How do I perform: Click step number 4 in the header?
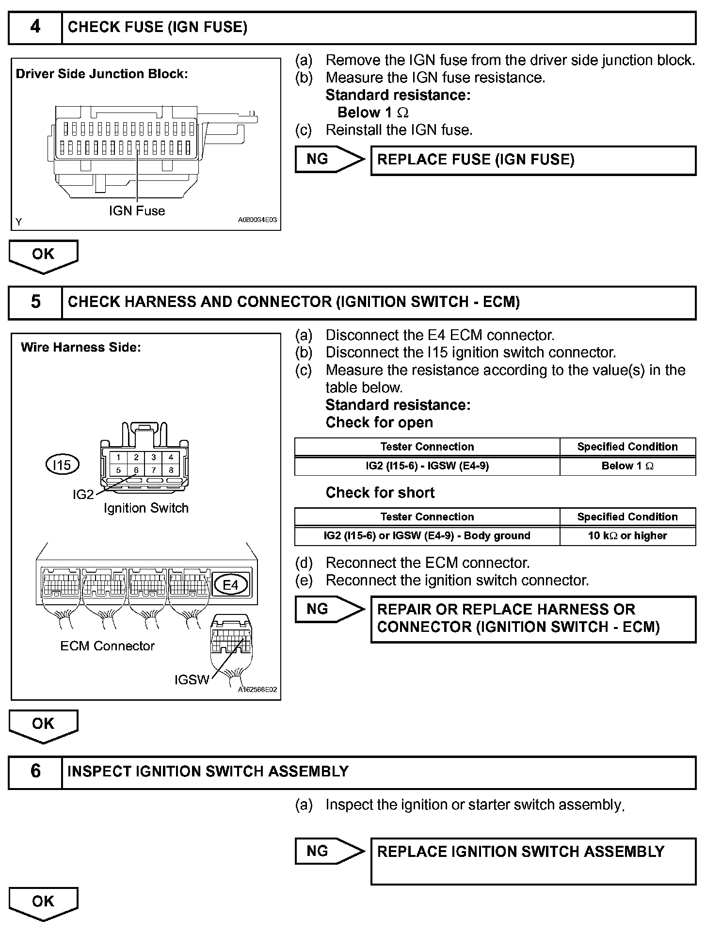tap(35, 27)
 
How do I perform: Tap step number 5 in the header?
tap(35, 302)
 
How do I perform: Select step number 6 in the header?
tap(35, 771)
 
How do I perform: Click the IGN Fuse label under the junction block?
tap(137, 211)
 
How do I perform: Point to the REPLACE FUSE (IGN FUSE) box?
tap(533, 160)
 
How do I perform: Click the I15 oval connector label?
tap(62, 465)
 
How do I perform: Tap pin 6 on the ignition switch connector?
tap(136, 470)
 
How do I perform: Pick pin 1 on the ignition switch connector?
tap(118, 457)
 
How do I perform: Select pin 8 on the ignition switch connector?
tap(171, 470)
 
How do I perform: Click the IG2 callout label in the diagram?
tap(83, 495)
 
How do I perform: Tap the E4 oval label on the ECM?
tap(230, 585)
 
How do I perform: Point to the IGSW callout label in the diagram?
tap(192, 680)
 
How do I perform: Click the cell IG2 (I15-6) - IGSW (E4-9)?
tap(427, 466)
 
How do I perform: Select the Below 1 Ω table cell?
tap(627, 466)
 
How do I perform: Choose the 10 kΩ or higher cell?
tap(627, 536)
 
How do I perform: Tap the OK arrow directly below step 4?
tap(43, 255)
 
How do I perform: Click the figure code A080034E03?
tap(257, 220)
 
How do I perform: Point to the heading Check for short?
tap(380, 493)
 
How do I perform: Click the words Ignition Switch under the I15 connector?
tap(146, 508)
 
